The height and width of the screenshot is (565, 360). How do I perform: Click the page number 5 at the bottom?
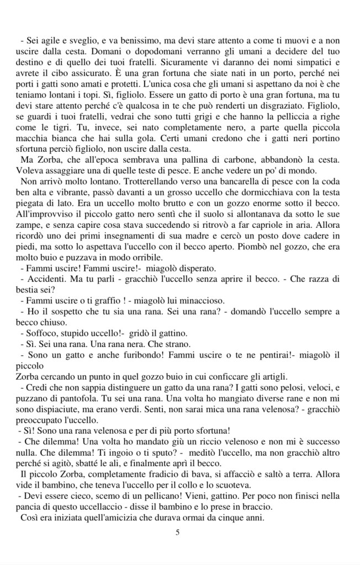(177, 533)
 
